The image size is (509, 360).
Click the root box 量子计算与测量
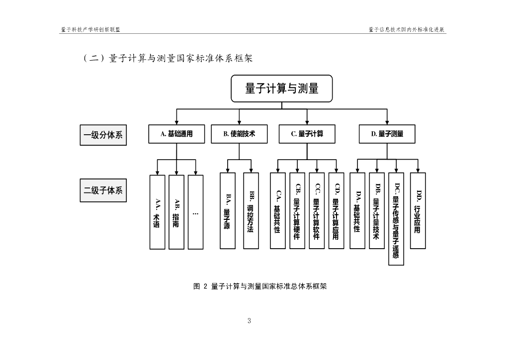281,89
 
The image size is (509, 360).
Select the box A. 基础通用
176,134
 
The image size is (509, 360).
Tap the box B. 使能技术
239,134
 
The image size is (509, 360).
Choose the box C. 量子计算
307,134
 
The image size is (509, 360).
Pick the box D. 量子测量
387,134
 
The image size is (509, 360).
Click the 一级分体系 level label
103,135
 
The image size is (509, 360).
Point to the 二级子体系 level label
103,190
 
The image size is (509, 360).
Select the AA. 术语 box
157,212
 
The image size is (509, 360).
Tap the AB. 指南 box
176,212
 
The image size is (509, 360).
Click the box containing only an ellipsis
195,212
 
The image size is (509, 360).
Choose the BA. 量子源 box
227,211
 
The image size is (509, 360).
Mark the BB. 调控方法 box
251,211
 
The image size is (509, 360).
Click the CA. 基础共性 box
277,211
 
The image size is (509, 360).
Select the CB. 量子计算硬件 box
297,211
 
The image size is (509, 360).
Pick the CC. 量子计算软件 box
317,211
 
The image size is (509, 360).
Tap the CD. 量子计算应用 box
336,211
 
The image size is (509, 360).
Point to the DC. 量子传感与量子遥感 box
396,219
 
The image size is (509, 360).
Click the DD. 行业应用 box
418,211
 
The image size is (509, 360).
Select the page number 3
249,321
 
